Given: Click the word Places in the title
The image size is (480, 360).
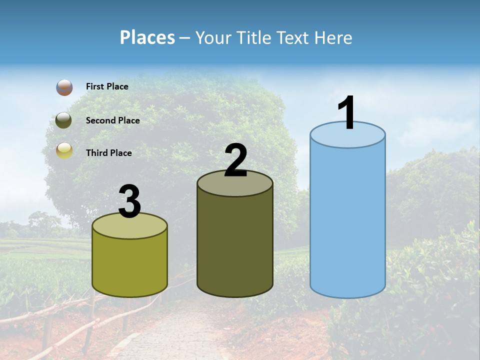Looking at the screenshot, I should (x=147, y=37).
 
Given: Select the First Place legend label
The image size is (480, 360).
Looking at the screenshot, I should (x=107, y=86).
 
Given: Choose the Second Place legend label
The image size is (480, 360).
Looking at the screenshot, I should (x=112, y=120).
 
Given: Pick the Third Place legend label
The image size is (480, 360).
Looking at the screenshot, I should (x=108, y=153).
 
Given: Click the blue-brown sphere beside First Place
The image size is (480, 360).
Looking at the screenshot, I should (x=64, y=87).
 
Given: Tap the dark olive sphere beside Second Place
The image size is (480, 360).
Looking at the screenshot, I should (x=64, y=120).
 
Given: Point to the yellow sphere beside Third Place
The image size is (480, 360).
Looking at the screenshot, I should (x=64, y=150).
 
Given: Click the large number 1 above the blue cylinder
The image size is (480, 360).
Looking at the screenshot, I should (x=347, y=113).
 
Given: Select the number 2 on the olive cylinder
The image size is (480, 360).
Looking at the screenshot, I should (x=235, y=160).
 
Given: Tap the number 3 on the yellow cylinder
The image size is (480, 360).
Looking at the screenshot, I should (x=130, y=201).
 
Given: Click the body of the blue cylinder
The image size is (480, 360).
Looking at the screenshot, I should (x=347, y=220).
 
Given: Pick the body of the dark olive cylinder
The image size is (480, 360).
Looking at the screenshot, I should (x=235, y=240).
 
